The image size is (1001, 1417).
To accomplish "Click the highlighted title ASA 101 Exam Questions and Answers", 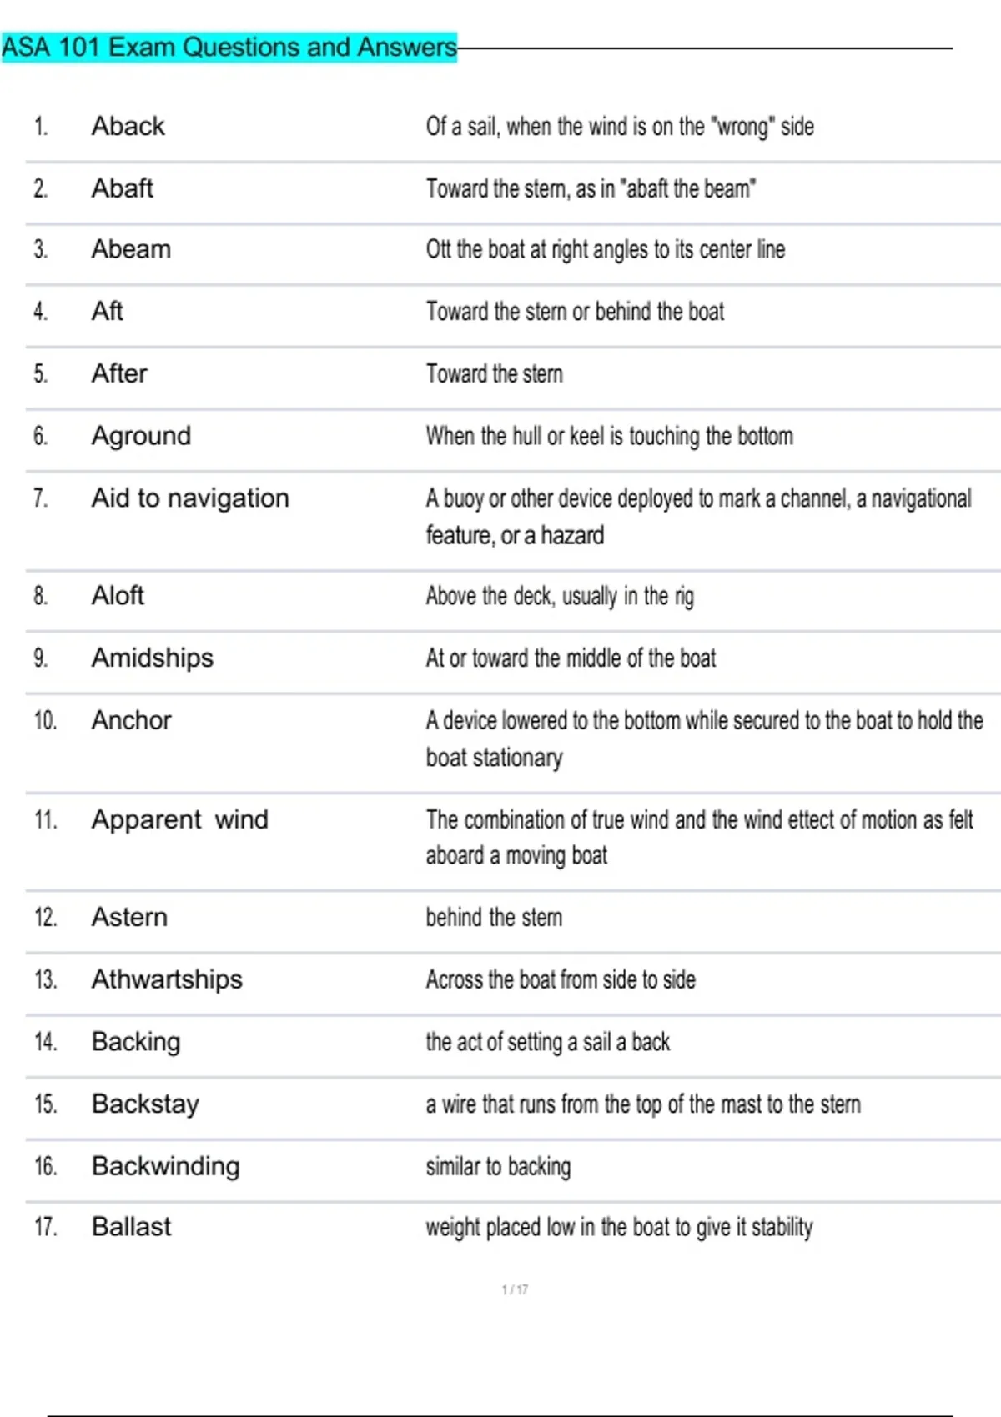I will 229,47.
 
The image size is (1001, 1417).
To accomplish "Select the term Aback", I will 128,126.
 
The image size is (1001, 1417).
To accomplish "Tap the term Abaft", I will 123,188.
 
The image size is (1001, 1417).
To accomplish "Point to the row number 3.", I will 40,250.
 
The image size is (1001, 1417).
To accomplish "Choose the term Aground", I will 141,436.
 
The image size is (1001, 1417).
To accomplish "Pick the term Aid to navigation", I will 190,498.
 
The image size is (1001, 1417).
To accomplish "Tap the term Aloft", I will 118,596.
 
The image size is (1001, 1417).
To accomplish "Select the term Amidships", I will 153,658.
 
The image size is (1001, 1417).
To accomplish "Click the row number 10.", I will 45,720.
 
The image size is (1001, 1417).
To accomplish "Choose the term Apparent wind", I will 180,819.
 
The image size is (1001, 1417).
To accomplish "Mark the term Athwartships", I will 167,979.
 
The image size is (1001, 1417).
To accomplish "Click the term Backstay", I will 145,1104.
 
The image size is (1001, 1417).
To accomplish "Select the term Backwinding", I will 165,1166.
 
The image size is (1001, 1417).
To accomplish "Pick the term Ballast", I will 131,1227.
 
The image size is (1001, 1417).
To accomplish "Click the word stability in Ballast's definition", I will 782,1228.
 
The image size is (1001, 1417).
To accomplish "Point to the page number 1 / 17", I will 515,1289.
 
